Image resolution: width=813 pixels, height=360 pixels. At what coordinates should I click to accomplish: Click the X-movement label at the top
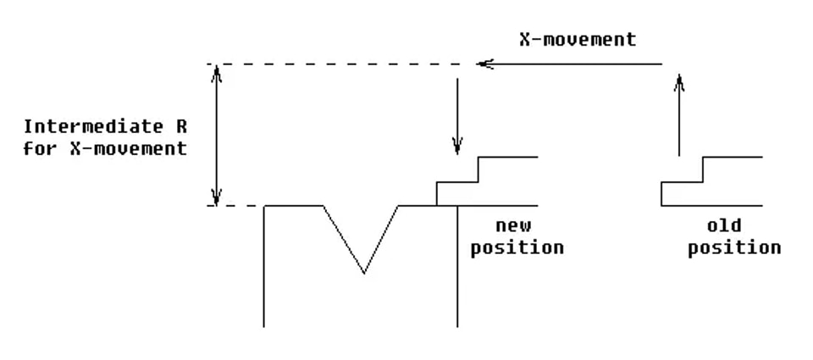click(578, 40)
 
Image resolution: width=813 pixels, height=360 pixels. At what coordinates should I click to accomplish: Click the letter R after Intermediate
click(180, 126)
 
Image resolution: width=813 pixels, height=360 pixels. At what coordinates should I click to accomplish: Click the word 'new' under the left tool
click(513, 225)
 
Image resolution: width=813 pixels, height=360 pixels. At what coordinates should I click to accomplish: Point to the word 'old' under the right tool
click(724, 225)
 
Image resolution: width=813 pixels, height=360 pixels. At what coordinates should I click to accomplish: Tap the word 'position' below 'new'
click(517, 248)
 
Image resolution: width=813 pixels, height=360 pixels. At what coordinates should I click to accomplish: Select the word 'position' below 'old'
click(734, 248)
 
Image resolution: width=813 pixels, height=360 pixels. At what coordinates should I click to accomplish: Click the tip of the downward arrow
click(456, 153)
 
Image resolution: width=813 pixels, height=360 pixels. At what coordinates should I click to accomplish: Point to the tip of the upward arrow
click(678, 75)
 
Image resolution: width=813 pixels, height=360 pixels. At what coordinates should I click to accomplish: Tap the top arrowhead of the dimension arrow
click(217, 66)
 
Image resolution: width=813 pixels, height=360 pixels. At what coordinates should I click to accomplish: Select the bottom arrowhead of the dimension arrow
click(217, 204)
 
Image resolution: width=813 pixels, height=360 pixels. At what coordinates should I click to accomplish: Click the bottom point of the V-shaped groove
click(364, 273)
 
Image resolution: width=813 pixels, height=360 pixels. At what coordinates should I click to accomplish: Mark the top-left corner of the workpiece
click(264, 206)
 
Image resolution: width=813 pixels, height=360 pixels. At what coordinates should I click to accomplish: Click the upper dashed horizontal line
click(342, 64)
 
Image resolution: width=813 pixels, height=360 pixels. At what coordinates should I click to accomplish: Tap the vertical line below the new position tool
click(456, 267)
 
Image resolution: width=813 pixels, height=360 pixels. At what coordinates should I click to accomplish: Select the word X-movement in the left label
click(128, 149)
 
